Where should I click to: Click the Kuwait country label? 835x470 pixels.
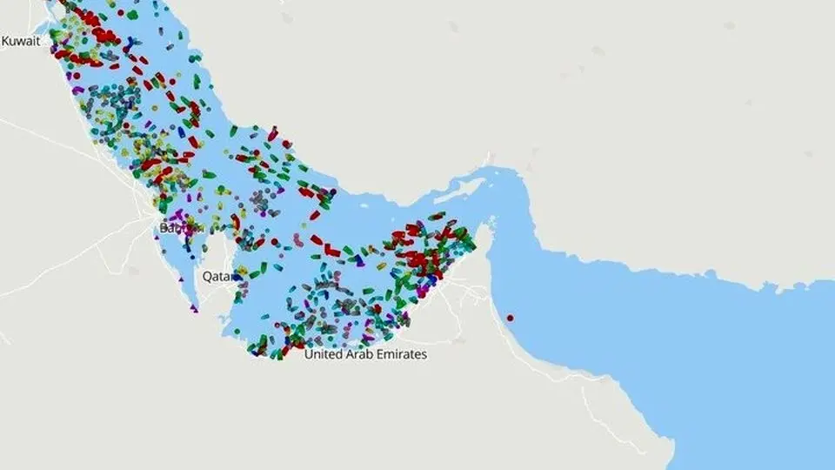20,41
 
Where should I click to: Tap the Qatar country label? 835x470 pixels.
218,276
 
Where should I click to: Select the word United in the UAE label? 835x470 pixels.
325,355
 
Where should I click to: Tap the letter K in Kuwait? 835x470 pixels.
5,41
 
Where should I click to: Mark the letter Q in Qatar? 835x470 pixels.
207,276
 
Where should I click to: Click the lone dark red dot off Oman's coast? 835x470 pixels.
511,318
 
